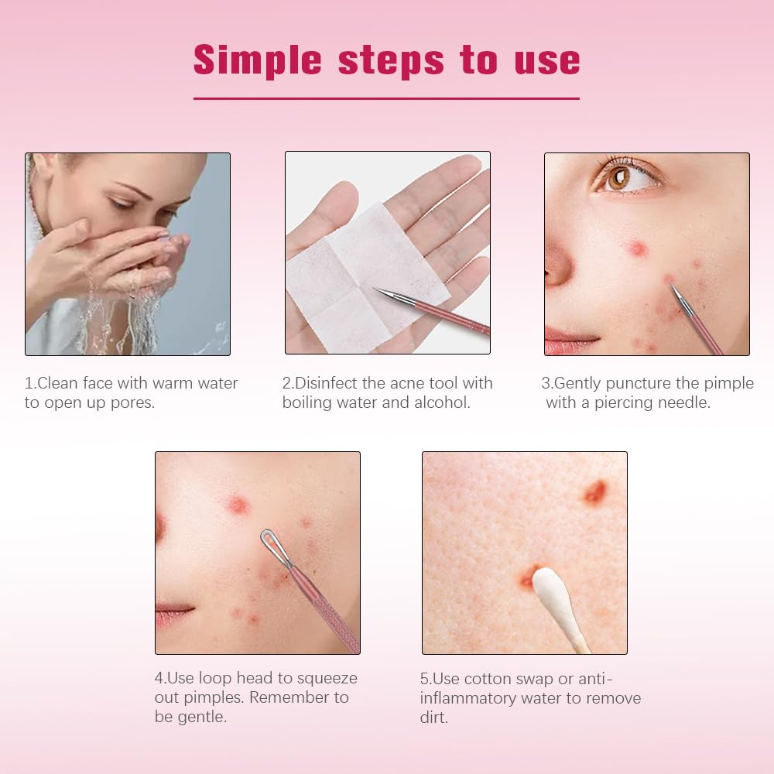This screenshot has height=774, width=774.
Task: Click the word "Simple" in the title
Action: pos(257,60)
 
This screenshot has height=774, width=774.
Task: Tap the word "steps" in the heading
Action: pos(391,61)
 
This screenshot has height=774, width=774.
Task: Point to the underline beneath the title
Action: pos(386,99)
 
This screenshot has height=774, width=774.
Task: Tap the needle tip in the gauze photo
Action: pos(375,289)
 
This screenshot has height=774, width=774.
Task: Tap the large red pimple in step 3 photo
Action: pos(636,248)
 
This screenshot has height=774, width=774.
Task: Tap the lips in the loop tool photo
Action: pos(173,615)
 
